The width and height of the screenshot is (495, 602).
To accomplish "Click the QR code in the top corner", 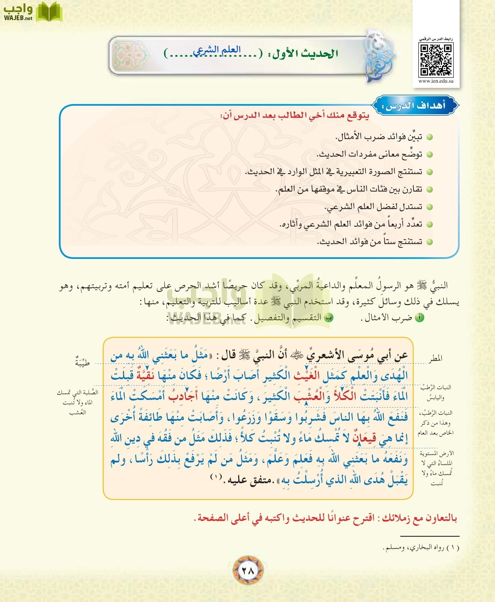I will (x=436, y=60).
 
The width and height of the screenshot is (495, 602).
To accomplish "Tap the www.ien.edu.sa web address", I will (x=436, y=81).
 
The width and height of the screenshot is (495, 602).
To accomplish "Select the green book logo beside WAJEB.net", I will (x=49, y=12).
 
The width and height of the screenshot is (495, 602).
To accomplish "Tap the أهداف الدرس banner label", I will (x=416, y=106).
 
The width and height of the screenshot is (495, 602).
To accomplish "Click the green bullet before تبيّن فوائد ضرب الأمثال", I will (x=430, y=137).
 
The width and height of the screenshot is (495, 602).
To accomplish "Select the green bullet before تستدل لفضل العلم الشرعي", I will (x=430, y=207).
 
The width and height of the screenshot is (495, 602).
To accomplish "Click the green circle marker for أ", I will (x=420, y=318).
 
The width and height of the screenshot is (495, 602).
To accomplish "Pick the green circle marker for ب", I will (x=329, y=318).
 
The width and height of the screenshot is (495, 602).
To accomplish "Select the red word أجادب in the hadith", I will (x=183, y=396).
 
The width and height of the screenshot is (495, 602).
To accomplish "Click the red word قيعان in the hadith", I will (x=365, y=438).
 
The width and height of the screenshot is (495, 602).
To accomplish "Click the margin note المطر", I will (x=436, y=359).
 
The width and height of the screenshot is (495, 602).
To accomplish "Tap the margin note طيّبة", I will (x=82, y=362).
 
